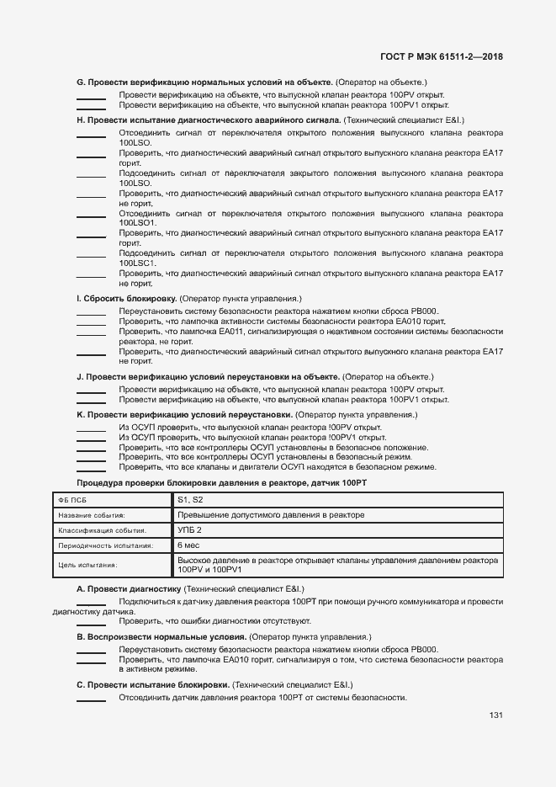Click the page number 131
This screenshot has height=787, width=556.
point(495,715)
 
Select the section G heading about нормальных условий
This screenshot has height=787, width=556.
point(205,82)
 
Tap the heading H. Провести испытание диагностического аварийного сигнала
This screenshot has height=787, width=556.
point(208,120)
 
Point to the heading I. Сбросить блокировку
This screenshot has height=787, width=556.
point(126,299)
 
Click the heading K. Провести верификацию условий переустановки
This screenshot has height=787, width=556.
point(185,415)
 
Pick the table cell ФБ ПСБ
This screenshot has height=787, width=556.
point(73,500)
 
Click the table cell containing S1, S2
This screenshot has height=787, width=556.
point(191,500)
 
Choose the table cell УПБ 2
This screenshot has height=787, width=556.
point(190,530)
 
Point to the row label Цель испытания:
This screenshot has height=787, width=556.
point(87,566)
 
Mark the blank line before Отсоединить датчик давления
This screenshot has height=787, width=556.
point(91,699)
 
